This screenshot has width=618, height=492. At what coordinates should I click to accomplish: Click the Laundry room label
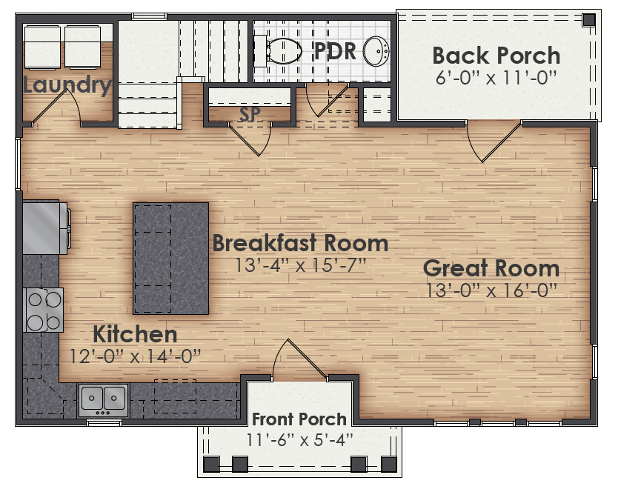click(x=67, y=85)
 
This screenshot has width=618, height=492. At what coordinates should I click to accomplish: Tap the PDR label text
click(x=336, y=51)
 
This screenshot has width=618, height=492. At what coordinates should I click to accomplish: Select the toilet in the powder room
click(x=279, y=50)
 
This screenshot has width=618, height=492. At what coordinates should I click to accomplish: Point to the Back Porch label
click(x=496, y=56)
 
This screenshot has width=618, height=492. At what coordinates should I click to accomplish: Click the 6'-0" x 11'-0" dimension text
click(x=496, y=76)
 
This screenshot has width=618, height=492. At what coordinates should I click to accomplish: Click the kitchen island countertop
click(x=170, y=259)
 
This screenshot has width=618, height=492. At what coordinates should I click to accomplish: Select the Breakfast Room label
click(x=300, y=243)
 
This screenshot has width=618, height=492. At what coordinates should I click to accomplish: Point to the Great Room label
click(x=491, y=268)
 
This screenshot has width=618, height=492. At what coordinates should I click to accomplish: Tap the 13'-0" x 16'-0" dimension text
click(x=491, y=290)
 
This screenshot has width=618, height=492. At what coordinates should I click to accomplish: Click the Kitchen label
click(x=135, y=333)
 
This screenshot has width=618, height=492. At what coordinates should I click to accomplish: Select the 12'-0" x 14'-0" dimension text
click(x=135, y=356)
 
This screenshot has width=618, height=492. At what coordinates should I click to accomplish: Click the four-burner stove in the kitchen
click(x=44, y=310)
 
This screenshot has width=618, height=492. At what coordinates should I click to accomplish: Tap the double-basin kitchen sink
click(x=103, y=399)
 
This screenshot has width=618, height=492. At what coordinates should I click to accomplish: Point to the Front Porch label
click(x=299, y=419)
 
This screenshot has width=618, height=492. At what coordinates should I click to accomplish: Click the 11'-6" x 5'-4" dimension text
click(x=299, y=439)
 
